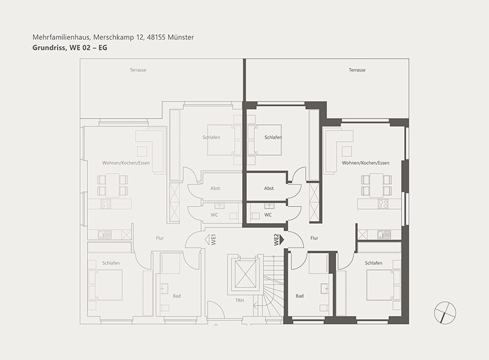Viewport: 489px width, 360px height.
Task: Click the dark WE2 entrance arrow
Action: (x=282, y=240)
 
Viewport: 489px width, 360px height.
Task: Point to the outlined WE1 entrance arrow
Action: (x=208, y=240)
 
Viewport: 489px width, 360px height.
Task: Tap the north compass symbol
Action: (x=445, y=312)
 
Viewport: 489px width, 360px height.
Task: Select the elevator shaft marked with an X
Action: (x=245, y=274)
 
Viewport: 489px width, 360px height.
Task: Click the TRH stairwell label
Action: (x=240, y=301)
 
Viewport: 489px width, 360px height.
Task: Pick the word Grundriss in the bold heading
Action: (x=48, y=48)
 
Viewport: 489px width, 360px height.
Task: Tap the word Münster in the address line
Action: (x=180, y=37)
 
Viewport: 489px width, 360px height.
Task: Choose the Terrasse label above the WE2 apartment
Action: (x=357, y=70)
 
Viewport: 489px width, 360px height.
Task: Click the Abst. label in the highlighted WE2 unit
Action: (x=269, y=188)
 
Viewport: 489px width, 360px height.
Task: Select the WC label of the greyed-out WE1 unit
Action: (x=215, y=215)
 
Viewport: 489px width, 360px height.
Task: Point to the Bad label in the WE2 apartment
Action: (x=300, y=296)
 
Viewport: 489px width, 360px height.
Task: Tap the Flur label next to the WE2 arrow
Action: (x=314, y=238)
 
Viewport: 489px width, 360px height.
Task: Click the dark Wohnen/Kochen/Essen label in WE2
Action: (x=366, y=163)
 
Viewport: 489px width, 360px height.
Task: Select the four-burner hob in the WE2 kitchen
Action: (x=383, y=204)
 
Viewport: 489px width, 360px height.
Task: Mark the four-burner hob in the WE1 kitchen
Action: (x=106, y=204)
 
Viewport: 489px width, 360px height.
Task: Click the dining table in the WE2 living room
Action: (x=377, y=185)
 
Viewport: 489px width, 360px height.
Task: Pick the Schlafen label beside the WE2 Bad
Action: (x=373, y=263)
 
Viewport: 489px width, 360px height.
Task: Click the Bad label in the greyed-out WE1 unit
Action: (x=177, y=296)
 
